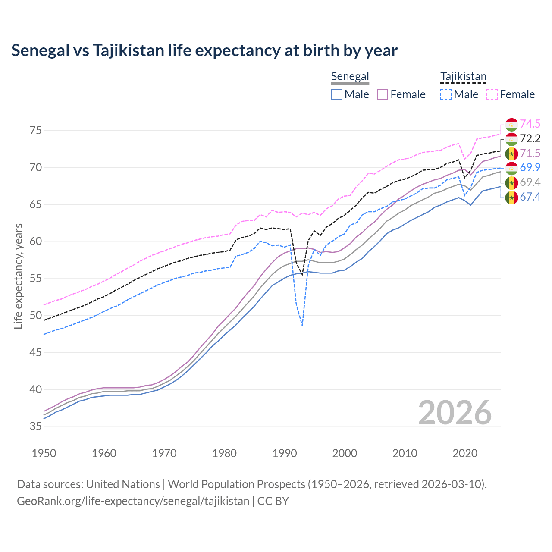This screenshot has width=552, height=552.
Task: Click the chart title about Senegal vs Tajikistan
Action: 204,50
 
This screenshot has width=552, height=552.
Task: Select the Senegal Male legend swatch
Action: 337,94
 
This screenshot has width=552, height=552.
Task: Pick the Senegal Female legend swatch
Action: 383,94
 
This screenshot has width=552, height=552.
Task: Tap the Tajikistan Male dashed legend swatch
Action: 446,94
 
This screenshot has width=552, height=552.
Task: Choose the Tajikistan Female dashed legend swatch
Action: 492,94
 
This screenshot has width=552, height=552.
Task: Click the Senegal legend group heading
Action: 350,76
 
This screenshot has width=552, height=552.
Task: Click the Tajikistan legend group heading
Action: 463,76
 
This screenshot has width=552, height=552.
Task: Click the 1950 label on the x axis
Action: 44,453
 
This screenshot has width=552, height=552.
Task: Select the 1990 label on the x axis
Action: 285,453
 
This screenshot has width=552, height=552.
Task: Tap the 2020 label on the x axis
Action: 465,453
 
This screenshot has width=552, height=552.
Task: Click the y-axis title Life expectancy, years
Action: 18,276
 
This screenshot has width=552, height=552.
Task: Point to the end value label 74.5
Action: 530,124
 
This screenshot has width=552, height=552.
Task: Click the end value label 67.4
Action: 530,197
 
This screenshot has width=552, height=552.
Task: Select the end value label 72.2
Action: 530,138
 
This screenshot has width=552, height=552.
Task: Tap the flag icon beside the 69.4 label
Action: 511,183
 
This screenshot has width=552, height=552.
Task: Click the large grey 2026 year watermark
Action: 455,413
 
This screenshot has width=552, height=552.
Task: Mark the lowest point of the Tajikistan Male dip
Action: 302,325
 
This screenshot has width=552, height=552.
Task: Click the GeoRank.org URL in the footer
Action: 133,501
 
